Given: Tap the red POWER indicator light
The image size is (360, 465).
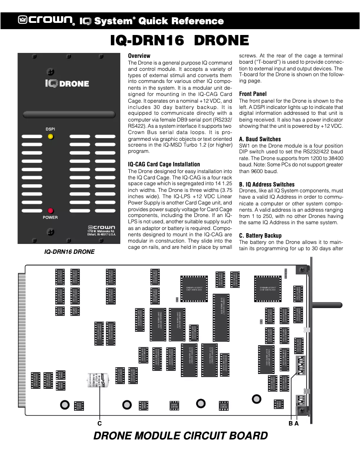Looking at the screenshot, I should click(x=51, y=211).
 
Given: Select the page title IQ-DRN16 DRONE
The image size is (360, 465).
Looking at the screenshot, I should click(x=180, y=41).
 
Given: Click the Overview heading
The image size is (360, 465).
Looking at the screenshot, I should click(x=139, y=56).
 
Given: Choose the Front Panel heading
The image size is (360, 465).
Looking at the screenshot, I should click(x=253, y=94).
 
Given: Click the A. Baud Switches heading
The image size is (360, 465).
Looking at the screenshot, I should click(x=260, y=139).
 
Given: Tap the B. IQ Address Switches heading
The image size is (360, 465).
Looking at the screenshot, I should click(x=267, y=184).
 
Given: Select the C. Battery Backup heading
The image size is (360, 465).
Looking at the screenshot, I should click(x=260, y=235).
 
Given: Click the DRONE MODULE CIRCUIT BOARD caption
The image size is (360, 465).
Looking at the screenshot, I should click(x=180, y=436).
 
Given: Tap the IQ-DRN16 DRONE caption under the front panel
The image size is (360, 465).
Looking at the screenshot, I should click(x=69, y=252).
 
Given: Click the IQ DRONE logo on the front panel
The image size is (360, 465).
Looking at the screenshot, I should click(x=67, y=83).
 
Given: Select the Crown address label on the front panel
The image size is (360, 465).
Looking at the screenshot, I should click(x=101, y=230).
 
